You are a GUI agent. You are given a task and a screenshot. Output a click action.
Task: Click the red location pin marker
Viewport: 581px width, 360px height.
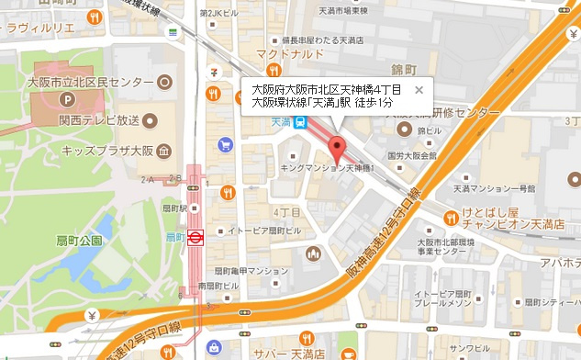pyautogui.click(x=335, y=149)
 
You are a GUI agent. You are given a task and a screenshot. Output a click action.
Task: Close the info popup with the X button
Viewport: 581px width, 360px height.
pyautogui.click(x=419, y=90)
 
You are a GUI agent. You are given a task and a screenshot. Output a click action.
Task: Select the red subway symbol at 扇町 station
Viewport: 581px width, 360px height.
pyautogui.click(x=196, y=236)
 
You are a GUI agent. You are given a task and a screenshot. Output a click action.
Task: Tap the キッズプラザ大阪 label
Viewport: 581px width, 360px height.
pyautogui.click(x=107, y=151)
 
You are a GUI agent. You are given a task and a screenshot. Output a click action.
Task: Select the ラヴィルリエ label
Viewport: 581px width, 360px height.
pyautogui.click(x=39, y=28)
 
